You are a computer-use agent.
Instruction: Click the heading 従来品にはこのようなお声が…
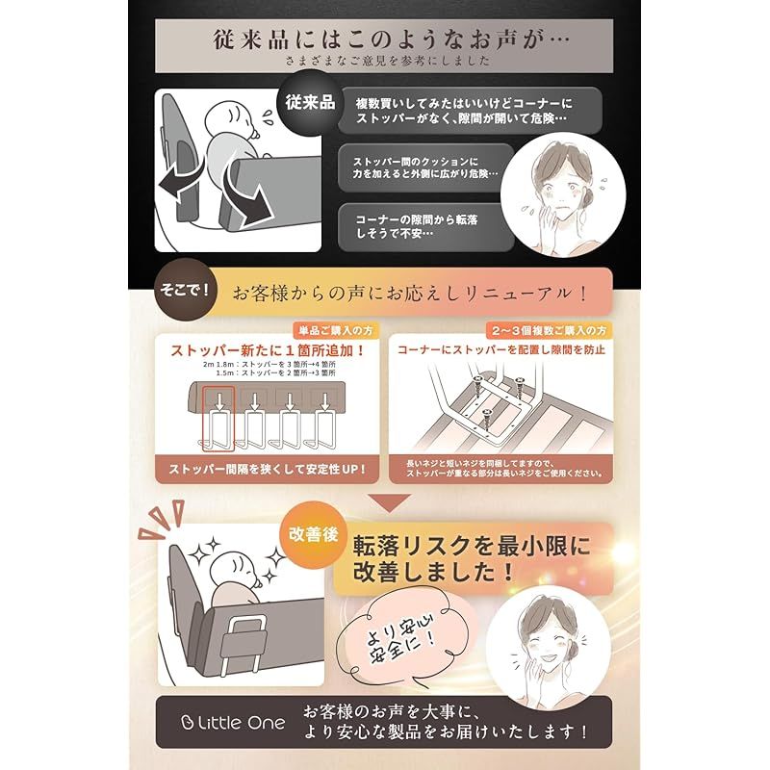[384, 41]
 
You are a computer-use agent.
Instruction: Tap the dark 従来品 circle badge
[308, 102]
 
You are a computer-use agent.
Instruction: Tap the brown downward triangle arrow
[384, 502]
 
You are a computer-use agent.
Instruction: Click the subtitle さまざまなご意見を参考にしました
[384, 63]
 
